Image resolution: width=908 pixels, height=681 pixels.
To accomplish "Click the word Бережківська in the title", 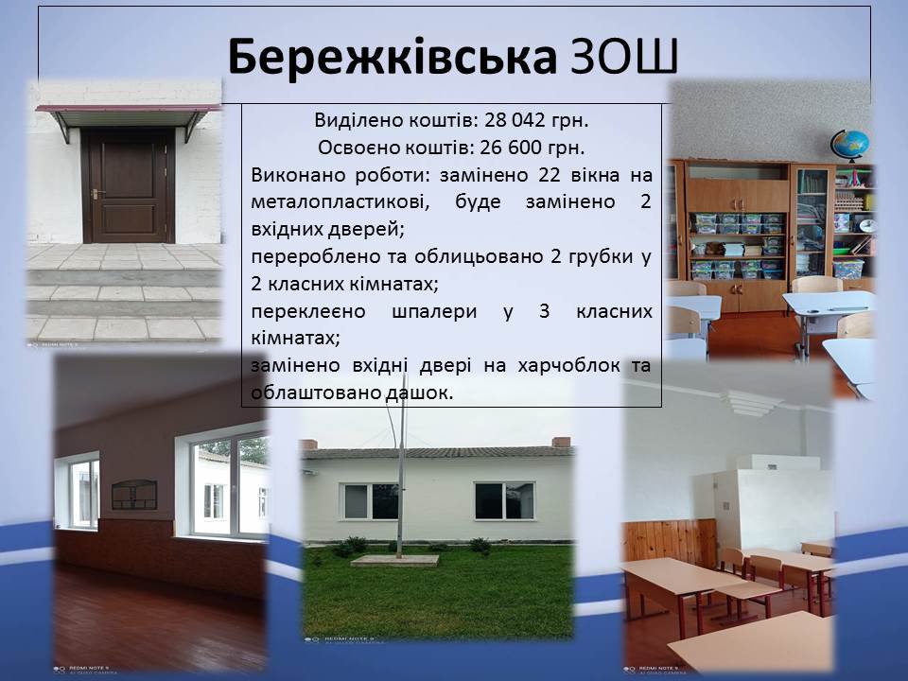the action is click(x=392, y=57).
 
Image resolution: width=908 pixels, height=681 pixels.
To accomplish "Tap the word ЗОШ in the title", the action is click(x=624, y=57).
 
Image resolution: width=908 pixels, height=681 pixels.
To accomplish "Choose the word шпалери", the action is click(x=434, y=311).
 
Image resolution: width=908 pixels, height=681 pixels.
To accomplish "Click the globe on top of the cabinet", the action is click(x=849, y=145).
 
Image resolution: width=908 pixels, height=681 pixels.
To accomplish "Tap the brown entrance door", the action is click(x=129, y=186).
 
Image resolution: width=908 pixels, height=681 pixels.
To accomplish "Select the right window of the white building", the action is click(x=504, y=500).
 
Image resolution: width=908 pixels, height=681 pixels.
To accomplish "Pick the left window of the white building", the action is click(x=371, y=501).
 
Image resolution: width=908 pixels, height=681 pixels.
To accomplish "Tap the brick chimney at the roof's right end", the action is click(x=562, y=443).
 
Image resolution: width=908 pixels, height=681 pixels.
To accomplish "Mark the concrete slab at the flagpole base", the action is click(x=394, y=560).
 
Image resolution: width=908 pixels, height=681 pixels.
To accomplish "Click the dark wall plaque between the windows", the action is click(x=134, y=495).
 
